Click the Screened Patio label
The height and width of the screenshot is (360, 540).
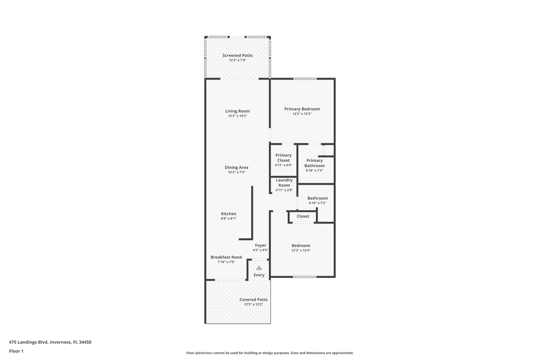pyautogui.click(x=237, y=55)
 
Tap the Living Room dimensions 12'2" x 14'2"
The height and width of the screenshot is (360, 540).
pyautogui.click(x=237, y=116)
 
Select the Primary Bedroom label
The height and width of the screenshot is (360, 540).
pyautogui.click(x=302, y=109)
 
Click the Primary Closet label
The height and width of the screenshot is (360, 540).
pyautogui.click(x=283, y=158)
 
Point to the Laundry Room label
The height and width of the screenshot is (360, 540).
pyautogui.click(x=284, y=183)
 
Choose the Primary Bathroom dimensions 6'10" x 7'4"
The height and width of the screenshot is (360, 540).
pyautogui.click(x=314, y=170)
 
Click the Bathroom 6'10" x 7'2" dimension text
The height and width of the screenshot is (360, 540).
pyautogui.click(x=317, y=203)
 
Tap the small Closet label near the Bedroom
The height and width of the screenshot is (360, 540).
pyautogui.click(x=303, y=216)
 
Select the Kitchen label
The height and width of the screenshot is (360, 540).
pyautogui.click(x=229, y=214)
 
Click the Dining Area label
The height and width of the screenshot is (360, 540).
pyautogui.click(x=237, y=167)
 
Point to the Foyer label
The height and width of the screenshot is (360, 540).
pyautogui.click(x=260, y=246)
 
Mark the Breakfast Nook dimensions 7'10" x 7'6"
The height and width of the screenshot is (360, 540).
pyautogui.click(x=226, y=262)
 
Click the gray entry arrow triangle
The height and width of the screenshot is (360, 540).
pyautogui.click(x=259, y=268)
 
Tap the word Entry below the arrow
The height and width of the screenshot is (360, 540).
pyautogui.click(x=259, y=275)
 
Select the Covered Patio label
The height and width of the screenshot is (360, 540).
pyautogui.click(x=253, y=300)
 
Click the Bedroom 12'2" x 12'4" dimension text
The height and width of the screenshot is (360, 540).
pyautogui.click(x=301, y=251)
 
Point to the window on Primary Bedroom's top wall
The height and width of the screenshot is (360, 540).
pyautogui.click(x=305, y=79)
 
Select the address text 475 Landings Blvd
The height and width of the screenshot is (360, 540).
pyautogui.click(x=28, y=342)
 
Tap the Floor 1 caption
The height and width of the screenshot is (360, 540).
pyautogui.click(x=16, y=351)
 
